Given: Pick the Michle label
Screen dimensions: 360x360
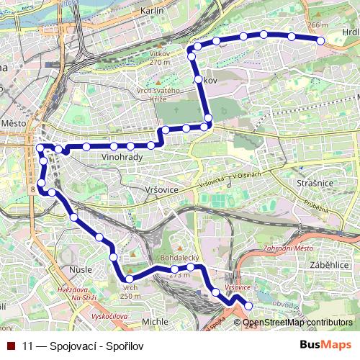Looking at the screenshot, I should [155, 321].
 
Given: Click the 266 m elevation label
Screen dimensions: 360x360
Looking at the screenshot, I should [317, 25].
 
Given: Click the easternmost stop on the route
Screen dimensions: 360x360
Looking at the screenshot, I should [322, 41].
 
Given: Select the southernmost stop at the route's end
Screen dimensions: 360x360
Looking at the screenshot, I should [249, 306].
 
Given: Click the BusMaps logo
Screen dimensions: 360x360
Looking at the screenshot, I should [325, 344].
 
